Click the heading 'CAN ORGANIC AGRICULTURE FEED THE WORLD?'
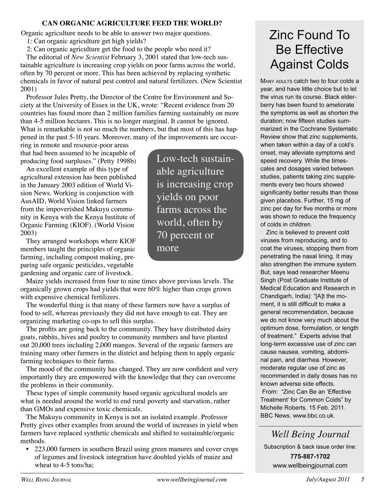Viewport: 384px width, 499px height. [x=132, y=23]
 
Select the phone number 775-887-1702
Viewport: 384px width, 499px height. [x=310, y=457]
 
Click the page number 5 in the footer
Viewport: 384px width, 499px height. [x=362, y=480]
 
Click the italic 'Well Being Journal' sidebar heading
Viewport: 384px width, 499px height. [x=310, y=434]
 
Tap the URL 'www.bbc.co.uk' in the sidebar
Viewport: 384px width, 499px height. [x=315, y=416]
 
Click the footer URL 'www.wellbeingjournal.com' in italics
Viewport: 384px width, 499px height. [x=192, y=480]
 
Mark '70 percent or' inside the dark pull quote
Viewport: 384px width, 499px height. [x=185, y=235]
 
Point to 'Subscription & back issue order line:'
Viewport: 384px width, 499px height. [x=310, y=447]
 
